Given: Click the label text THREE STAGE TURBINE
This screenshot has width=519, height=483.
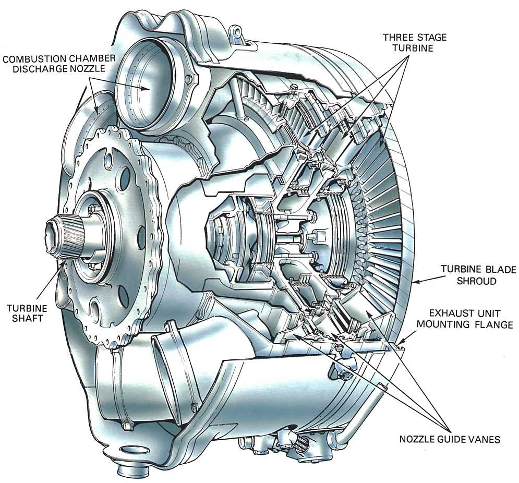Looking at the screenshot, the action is pos(415,42).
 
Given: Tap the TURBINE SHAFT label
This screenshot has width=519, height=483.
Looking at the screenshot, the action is pos(27,313).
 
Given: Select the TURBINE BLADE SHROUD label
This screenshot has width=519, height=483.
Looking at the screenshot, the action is pos(478,275).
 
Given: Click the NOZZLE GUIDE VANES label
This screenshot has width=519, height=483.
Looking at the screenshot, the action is pos(450,439).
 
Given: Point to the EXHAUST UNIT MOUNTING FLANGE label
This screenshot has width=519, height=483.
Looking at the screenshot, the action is pos(465,319).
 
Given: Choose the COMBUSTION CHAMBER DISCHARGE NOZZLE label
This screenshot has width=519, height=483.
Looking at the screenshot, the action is pos(59,64).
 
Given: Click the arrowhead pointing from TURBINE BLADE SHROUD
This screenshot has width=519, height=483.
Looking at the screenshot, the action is pos(415,282).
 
